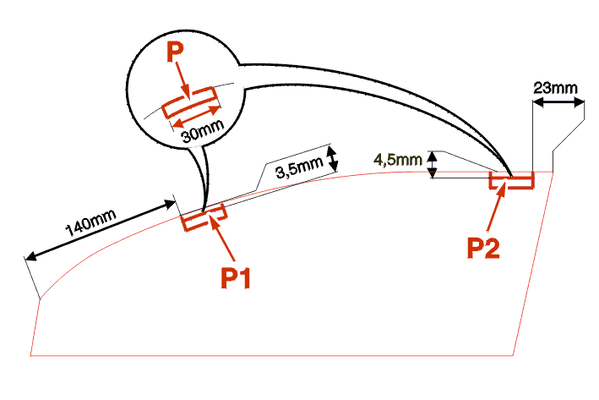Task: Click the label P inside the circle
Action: pos(175,53)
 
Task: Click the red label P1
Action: pos(238,277)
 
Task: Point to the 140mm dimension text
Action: pos(90,222)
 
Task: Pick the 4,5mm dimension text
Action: pos(397,159)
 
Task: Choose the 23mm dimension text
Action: pos(555,87)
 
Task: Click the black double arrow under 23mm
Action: pos(558,103)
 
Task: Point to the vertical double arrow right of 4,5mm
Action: pos(433,164)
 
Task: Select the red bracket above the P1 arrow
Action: pos(203,217)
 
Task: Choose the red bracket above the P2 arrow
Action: pos(512,180)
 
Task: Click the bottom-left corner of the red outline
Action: pos(31,355)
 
